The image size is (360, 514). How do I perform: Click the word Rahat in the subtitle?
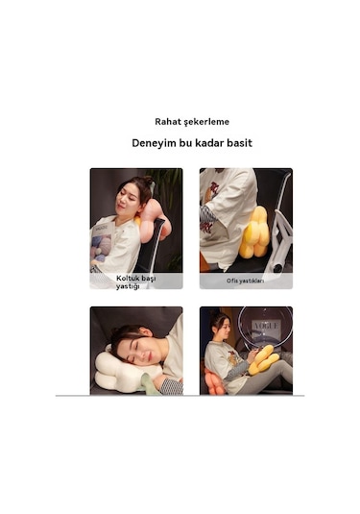pos(168,122)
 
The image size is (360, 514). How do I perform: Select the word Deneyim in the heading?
pos(154,143)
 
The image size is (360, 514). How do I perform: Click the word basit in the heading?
pos(240,143)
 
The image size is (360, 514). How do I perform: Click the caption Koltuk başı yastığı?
pos(135,281)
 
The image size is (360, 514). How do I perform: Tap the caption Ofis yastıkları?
pos(246,281)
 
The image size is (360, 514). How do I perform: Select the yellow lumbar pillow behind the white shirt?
pos(254,233)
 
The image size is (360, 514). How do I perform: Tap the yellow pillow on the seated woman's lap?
pos(263,359)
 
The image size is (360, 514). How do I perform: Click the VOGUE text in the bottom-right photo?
pos(265,326)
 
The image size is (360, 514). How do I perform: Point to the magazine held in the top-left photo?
pos(102,244)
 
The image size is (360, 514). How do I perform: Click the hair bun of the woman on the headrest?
pos(148,180)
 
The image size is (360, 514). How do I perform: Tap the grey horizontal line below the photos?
pos(180,396)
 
